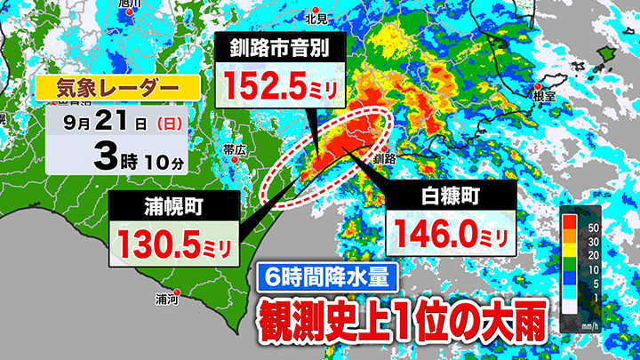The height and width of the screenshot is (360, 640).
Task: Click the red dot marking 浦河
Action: pyautogui.click(x=176, y=292)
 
